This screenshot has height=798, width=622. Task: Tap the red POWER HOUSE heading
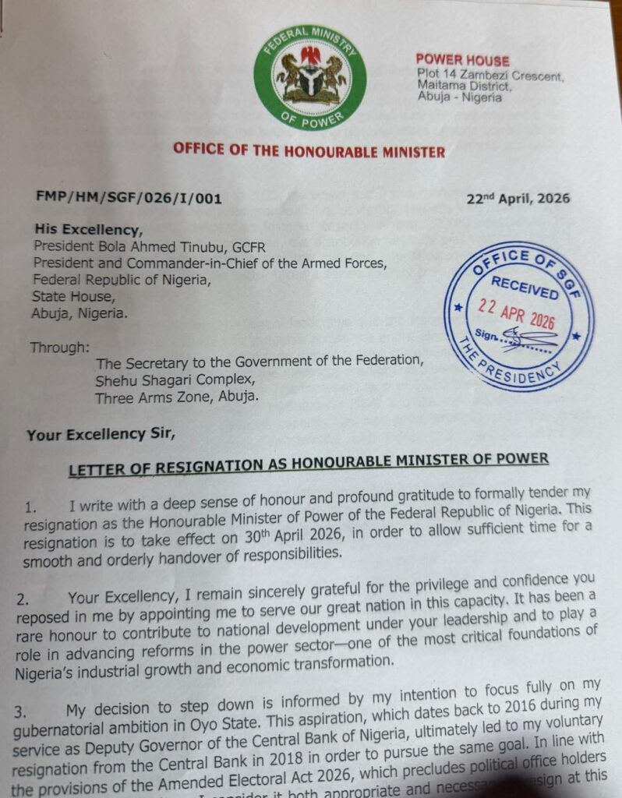(x=462, y=60)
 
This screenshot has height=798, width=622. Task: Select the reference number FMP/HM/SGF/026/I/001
(x=128, y=198)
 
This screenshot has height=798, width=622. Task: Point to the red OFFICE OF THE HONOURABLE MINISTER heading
(x=309, y=150)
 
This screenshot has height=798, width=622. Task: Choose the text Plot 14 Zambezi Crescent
(x=489, y=76)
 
